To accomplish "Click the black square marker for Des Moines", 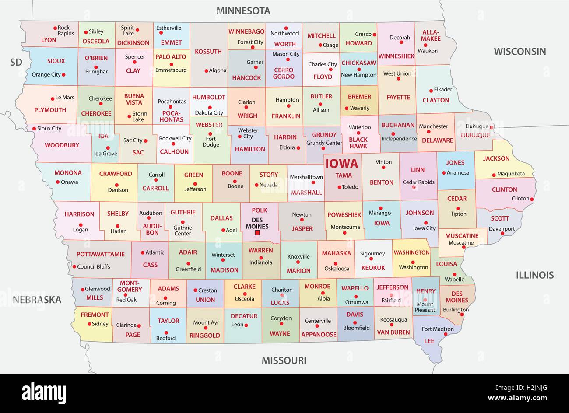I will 257,233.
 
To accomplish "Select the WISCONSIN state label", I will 520,52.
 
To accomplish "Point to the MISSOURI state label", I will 284,360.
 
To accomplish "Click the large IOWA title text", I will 341,164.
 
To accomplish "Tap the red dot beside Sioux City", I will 34,129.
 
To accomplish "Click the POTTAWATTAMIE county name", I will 101,254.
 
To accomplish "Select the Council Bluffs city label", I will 93,266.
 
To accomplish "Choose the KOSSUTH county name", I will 208,52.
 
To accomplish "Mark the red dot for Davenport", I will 502,233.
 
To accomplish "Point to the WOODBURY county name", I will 62,145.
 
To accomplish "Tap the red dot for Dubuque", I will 492,128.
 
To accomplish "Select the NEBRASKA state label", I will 37,300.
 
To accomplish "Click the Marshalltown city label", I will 306,177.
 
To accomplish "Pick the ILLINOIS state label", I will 534,275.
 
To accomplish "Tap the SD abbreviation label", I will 16,62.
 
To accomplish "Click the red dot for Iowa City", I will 425,223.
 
